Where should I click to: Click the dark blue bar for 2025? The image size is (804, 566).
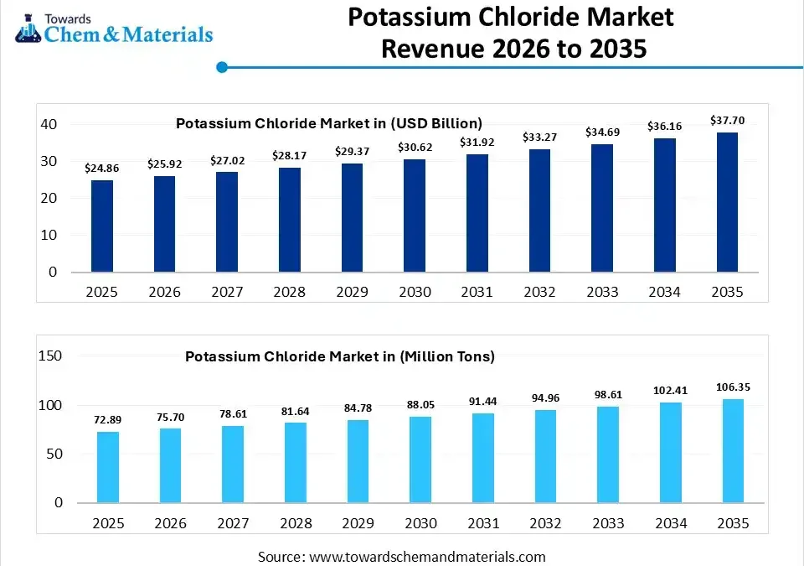(102, 226)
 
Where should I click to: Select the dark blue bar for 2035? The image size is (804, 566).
(726, 202)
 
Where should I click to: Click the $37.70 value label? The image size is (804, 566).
(726, 120)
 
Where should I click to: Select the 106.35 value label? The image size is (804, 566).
(733, 387)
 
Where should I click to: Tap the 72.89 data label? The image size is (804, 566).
(108, 418)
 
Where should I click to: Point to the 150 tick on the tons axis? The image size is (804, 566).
(51, 356)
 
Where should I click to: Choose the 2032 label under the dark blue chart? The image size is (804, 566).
(539, 292)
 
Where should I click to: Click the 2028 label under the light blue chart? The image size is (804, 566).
(296, 523)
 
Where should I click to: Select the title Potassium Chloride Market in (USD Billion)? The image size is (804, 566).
(329, 123)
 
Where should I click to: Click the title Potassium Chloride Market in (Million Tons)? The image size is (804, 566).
(340, 356)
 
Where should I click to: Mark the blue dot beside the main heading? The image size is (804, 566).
(222, 67)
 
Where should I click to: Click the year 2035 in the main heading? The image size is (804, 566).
(613, 49)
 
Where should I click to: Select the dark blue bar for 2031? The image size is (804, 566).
(477, 213)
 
